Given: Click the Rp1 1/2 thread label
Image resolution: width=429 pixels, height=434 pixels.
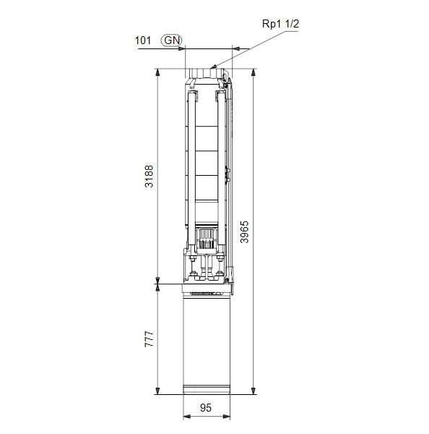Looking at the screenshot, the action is (280, 24).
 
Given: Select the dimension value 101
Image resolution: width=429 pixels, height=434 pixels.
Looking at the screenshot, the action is (142, 41).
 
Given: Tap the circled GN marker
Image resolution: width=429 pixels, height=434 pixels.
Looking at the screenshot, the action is (172, 41).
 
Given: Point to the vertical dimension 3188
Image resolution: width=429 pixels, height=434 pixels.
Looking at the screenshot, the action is (149, 176).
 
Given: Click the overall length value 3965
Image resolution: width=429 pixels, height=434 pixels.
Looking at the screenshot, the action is (244, 232).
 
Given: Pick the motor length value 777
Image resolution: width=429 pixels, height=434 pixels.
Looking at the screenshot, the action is (149, 339).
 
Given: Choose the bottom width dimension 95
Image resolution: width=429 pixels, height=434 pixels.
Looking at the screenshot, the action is (206, 408).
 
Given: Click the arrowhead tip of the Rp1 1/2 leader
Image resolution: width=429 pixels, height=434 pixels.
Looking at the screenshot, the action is (211, 68).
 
